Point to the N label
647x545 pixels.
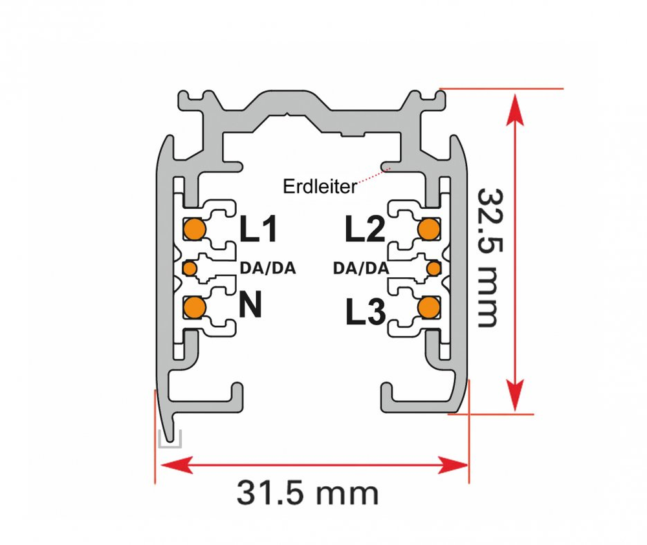click(x=251, y=305)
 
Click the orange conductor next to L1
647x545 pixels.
click(x=194, y=229)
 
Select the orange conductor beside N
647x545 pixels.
click(x=194, y=307)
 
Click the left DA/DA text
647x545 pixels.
click(x=267, y=268)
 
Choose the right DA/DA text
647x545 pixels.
click(x=360, y=268)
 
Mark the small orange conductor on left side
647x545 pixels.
click(x=190, y=268)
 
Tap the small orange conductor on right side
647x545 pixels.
click(x=433, y=268)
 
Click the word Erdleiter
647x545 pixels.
click(x=320, y=187)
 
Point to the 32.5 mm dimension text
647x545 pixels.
click(x=488, y=257)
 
